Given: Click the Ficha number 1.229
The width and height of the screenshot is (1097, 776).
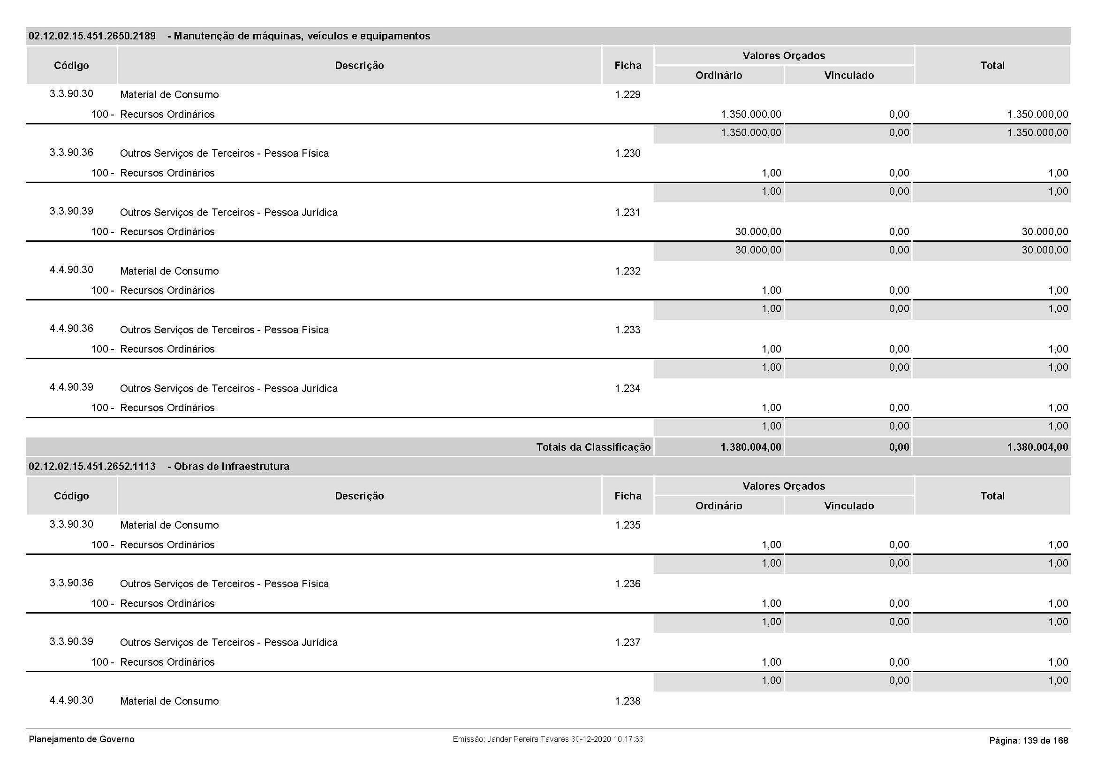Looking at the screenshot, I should pyautogui.click(x=628, y=95).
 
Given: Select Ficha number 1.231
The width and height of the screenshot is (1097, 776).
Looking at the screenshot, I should pyautogui.click(x=628, y=212).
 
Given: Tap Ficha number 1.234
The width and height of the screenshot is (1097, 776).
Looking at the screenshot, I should pyautogui.click(x=628, y=389).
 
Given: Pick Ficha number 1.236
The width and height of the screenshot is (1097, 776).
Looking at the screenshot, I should pyautogui.click(x=628, y=584).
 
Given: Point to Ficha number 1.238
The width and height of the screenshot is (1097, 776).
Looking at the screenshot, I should pyautogui.click(x=628, y=701).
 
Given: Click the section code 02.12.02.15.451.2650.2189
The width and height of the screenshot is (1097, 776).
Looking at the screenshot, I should pyautogui.click(x=92, y=36).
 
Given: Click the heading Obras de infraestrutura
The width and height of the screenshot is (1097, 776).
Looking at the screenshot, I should pyautogui.click(x=231, y=467).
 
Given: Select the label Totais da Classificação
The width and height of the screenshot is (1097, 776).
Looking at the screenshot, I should pyautogui.click(x=593, y=447).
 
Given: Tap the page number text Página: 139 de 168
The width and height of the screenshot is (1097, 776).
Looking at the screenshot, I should pyautogui.click(x=1028, y=741).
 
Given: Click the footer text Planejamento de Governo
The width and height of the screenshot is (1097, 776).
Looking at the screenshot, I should pyautogui.click(x=82, y=740).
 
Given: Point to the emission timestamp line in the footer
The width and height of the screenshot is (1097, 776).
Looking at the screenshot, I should pyautogui.click(x=547, y=739).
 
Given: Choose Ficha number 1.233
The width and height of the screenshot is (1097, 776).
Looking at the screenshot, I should pyautogui.click(x=628, y=330).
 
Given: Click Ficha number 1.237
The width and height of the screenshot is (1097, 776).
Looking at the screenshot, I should pyautogui.click(x=628, y=643).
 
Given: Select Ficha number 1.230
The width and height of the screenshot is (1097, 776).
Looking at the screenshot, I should pyautogui.click(x=628, y=154).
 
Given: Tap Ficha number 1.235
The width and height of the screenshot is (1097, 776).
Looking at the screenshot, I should pyautogui.click(x=628, y=525).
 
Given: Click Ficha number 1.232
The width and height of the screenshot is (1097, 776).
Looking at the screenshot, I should pyautogui.click(x=628, y=271).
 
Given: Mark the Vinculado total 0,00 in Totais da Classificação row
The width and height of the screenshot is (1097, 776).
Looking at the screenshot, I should pyautogui.click(x=899, y=447).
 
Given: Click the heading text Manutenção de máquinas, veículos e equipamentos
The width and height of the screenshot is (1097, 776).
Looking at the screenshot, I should pyautogui.click(x=302, y=36).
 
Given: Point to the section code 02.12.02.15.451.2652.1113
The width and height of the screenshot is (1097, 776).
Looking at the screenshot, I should pyautogui.click(x=92, y=467).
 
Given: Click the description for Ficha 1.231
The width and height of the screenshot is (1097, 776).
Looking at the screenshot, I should pyautogui.click(x=228, y=213).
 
